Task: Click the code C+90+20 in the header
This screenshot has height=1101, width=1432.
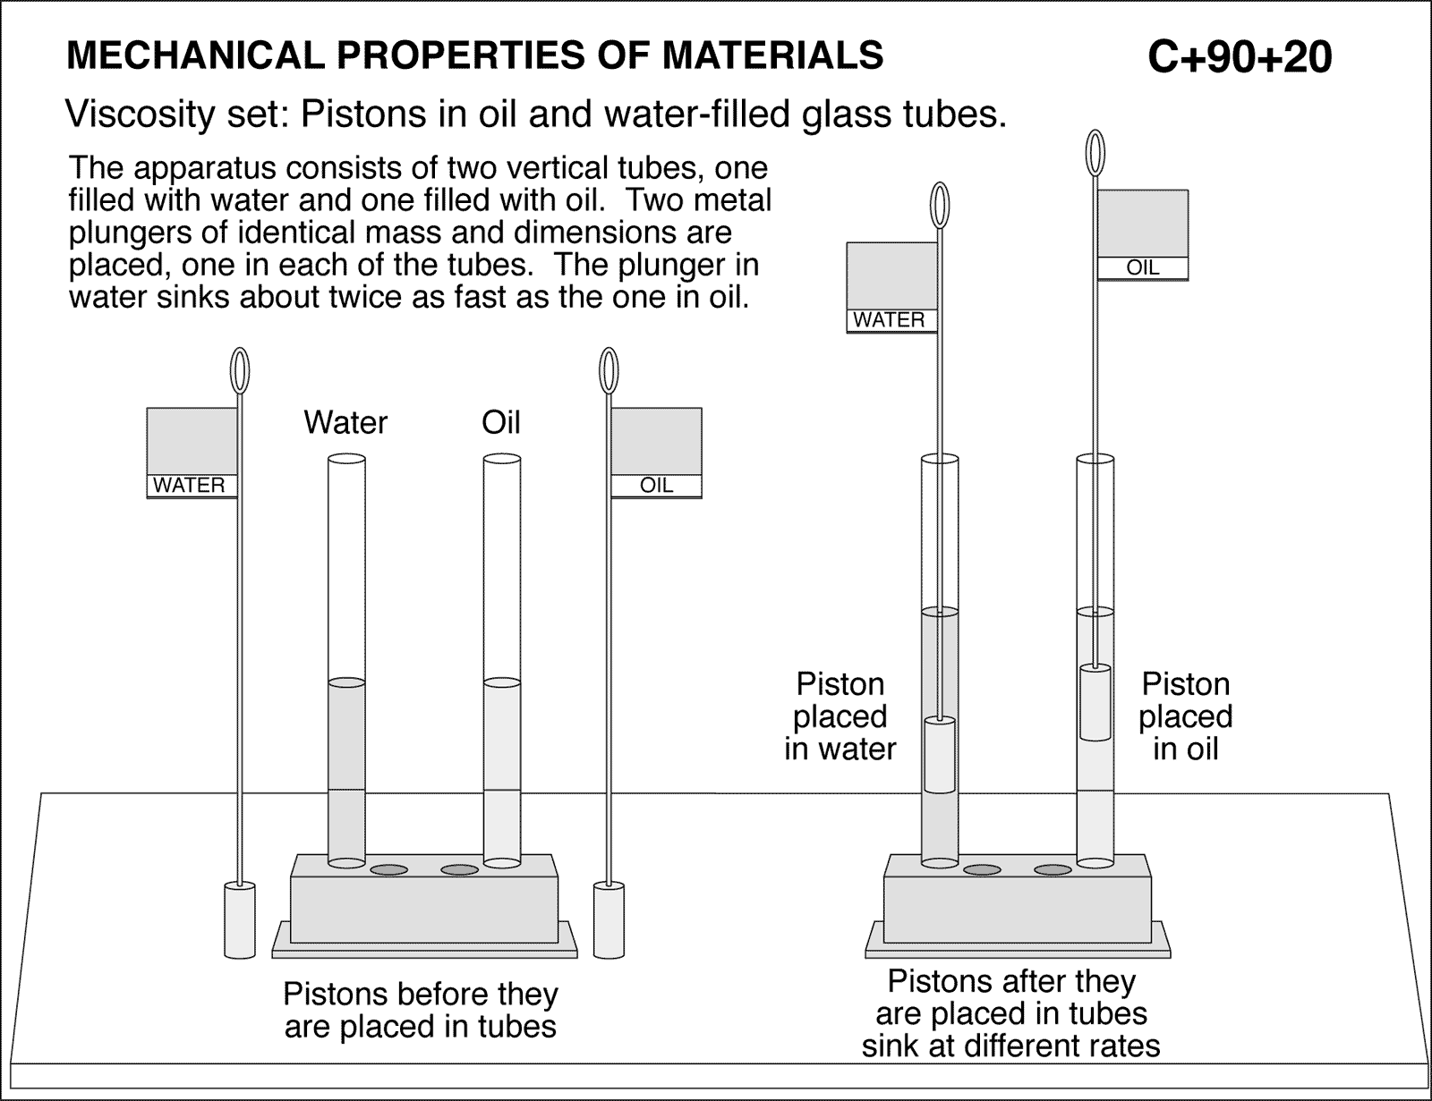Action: (1239, 57)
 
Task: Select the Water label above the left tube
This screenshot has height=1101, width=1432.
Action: (345, 422)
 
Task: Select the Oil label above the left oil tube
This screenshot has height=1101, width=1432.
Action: (500, 422)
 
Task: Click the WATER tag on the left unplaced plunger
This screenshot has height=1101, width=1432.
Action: (190, 486)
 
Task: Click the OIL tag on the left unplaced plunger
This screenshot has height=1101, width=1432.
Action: (656, 486)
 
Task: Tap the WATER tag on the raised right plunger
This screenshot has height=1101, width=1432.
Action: (889, 320)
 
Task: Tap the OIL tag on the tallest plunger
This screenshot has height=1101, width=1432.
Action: (1143, 267)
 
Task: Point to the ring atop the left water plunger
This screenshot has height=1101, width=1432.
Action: (240, 370)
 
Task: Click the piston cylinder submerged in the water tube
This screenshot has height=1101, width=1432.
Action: (940, 755)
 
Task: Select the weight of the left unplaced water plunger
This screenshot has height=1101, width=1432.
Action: (238, 921)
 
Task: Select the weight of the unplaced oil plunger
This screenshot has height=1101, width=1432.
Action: (609, 921)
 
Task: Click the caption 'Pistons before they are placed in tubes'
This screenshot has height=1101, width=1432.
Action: (420, 1010)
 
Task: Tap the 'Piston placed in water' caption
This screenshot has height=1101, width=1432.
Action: (840, 716)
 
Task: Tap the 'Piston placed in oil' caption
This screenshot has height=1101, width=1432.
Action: (1185, 716)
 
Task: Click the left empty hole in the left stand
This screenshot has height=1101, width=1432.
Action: (389, 869)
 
